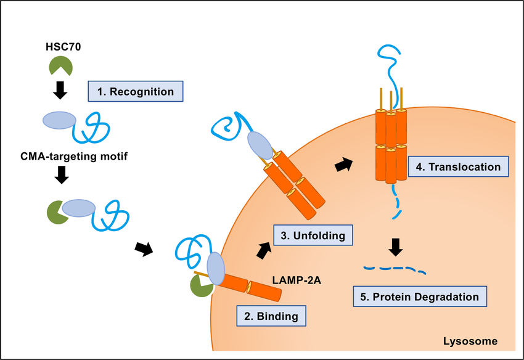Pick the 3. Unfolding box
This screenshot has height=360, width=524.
tap(313, 235)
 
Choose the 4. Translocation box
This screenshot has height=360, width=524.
tap(459, 166)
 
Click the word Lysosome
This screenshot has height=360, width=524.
tap(470, 341)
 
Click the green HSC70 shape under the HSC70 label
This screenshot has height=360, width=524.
tap(60, 67)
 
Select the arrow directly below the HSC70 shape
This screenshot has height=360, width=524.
tap(60, 92)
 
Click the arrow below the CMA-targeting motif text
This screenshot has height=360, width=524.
tap(61, 178)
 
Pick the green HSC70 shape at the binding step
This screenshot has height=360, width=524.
tap(202, 286)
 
